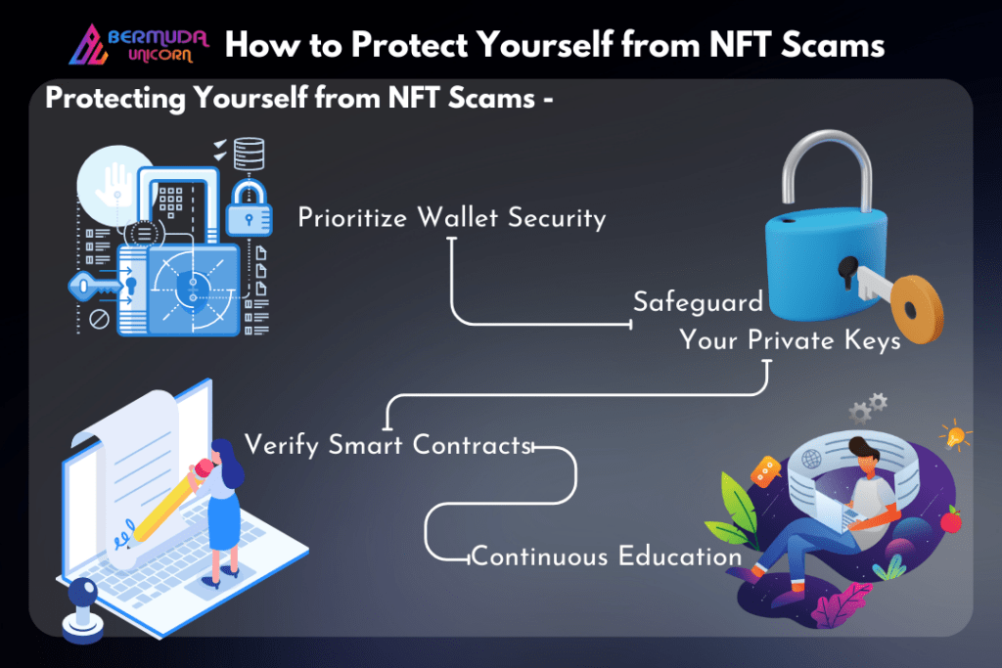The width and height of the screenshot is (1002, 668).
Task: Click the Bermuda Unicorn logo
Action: [139, 45]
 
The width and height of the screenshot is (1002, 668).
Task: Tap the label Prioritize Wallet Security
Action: [452, 218]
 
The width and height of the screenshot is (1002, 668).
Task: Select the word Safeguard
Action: [698, 301]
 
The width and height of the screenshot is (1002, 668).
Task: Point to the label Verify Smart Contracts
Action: [388, 444]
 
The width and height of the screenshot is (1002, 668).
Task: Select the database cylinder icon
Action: [249, 154]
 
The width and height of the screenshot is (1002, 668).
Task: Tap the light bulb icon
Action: [955, 435]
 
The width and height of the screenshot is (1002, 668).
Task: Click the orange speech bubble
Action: [765, 471]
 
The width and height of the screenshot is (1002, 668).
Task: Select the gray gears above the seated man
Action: [868, 409]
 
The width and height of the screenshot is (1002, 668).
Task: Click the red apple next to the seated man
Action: [951, 520]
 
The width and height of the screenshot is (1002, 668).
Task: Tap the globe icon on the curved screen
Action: [811, 458]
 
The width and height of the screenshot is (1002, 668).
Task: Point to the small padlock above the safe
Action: [249, 208]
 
